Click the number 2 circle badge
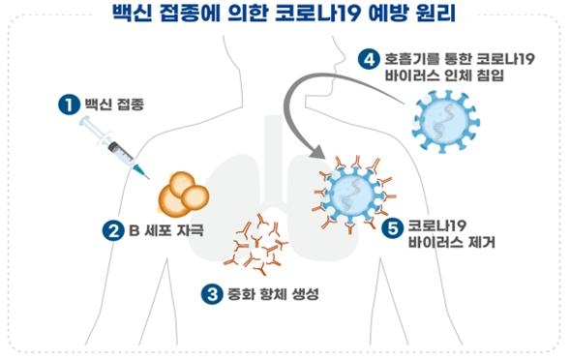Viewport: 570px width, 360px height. (112, 230)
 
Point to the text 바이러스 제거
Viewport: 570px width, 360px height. (453, 245)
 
